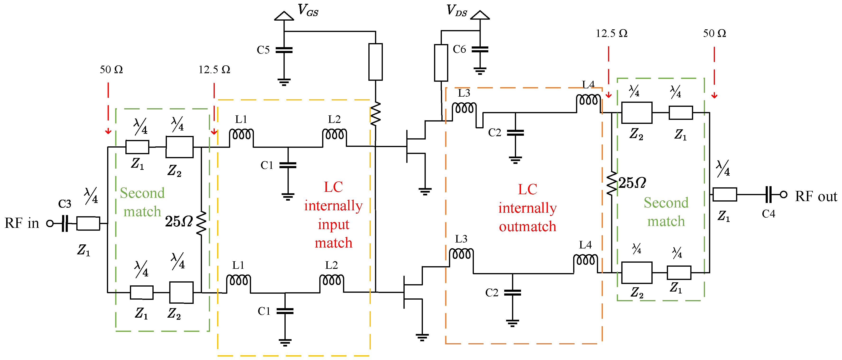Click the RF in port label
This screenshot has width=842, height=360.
[x=22, y=223]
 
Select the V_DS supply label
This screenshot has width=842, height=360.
[x=457, y=10]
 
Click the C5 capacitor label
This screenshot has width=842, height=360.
[x=263, y=50]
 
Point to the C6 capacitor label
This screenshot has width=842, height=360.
[x=459, y=49]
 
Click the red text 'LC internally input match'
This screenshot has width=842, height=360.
[x=333, y=215]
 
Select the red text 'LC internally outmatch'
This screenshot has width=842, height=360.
[x=527, y=208]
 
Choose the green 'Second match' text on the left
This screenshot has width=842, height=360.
[x=142, y=202]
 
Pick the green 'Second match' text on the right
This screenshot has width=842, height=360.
[x=666, y=212]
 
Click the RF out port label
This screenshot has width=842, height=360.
[x=816, y=197]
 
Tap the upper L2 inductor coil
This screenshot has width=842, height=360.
[x=334, y=135]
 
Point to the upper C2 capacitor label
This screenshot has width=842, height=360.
[x=494, y=133]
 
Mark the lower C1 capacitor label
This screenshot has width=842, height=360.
[x=264, y=311]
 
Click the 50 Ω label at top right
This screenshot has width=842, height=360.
[x=714, y=33]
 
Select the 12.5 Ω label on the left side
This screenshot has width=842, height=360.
[x=215, y=70]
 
